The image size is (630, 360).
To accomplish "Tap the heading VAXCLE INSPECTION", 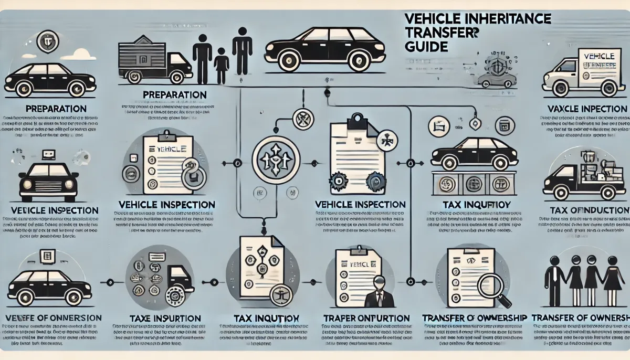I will (x=583, y=109).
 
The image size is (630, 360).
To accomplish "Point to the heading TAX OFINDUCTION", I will (x=589, y=210).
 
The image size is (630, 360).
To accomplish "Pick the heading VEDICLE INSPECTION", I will (x=51, y=210).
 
